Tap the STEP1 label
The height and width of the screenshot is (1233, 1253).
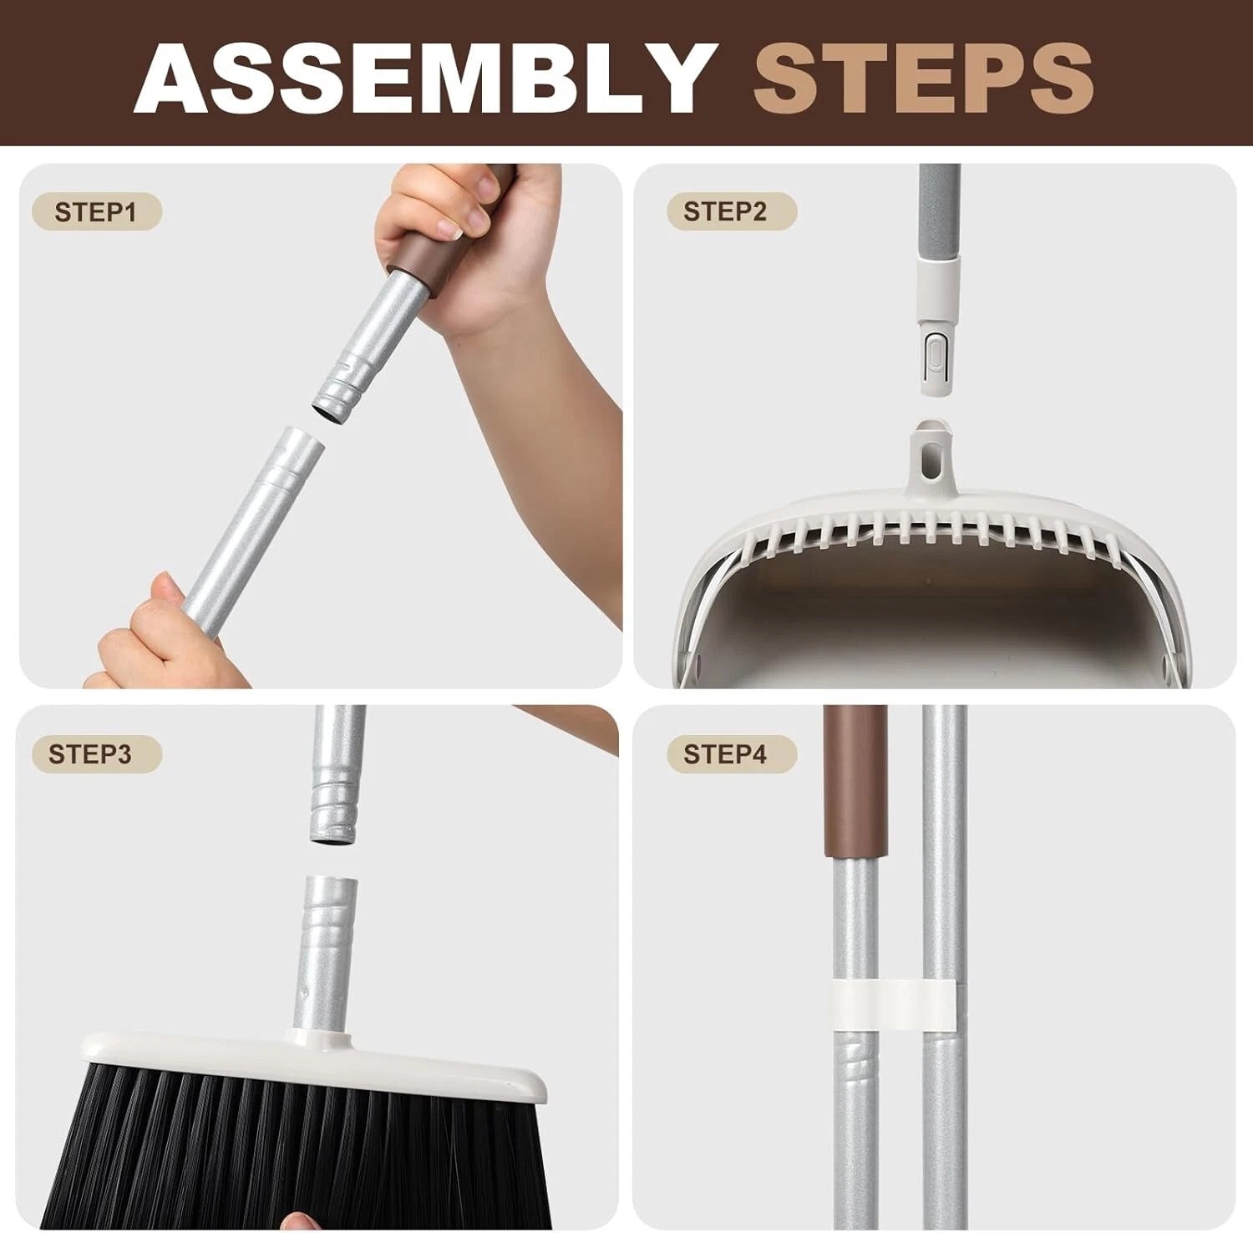95,212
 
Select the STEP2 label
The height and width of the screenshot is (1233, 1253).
724,212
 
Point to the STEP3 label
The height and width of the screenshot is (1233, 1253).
90,754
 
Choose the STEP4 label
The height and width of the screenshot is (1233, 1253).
724,754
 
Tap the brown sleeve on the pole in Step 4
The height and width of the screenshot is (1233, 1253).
854,781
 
